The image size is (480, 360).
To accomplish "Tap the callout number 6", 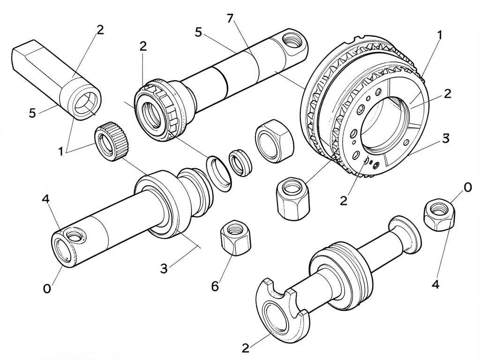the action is click(215, 286).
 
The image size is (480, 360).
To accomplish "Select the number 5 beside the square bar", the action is click(32, 113).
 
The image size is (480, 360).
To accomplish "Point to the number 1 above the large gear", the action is click(439, 35).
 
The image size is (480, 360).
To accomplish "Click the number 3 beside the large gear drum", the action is click(446, 138).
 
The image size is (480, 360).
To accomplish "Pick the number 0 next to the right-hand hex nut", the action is click(468, 187).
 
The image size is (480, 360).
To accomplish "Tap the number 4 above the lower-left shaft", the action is click(45, 199).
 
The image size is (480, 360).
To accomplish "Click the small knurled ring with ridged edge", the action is click(112, 141).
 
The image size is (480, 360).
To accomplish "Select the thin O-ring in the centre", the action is click(219, 174).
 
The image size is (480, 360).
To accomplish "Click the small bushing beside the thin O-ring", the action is click(240, 163).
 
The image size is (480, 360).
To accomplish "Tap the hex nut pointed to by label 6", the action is click(235, 237).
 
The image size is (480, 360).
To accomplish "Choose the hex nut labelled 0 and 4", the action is click(439, 214).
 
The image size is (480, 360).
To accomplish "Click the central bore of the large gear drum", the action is click(384, 122).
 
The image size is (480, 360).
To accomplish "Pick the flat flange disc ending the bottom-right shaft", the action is click(405, 234).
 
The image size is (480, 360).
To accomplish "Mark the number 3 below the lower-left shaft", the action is click(164, 269).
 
